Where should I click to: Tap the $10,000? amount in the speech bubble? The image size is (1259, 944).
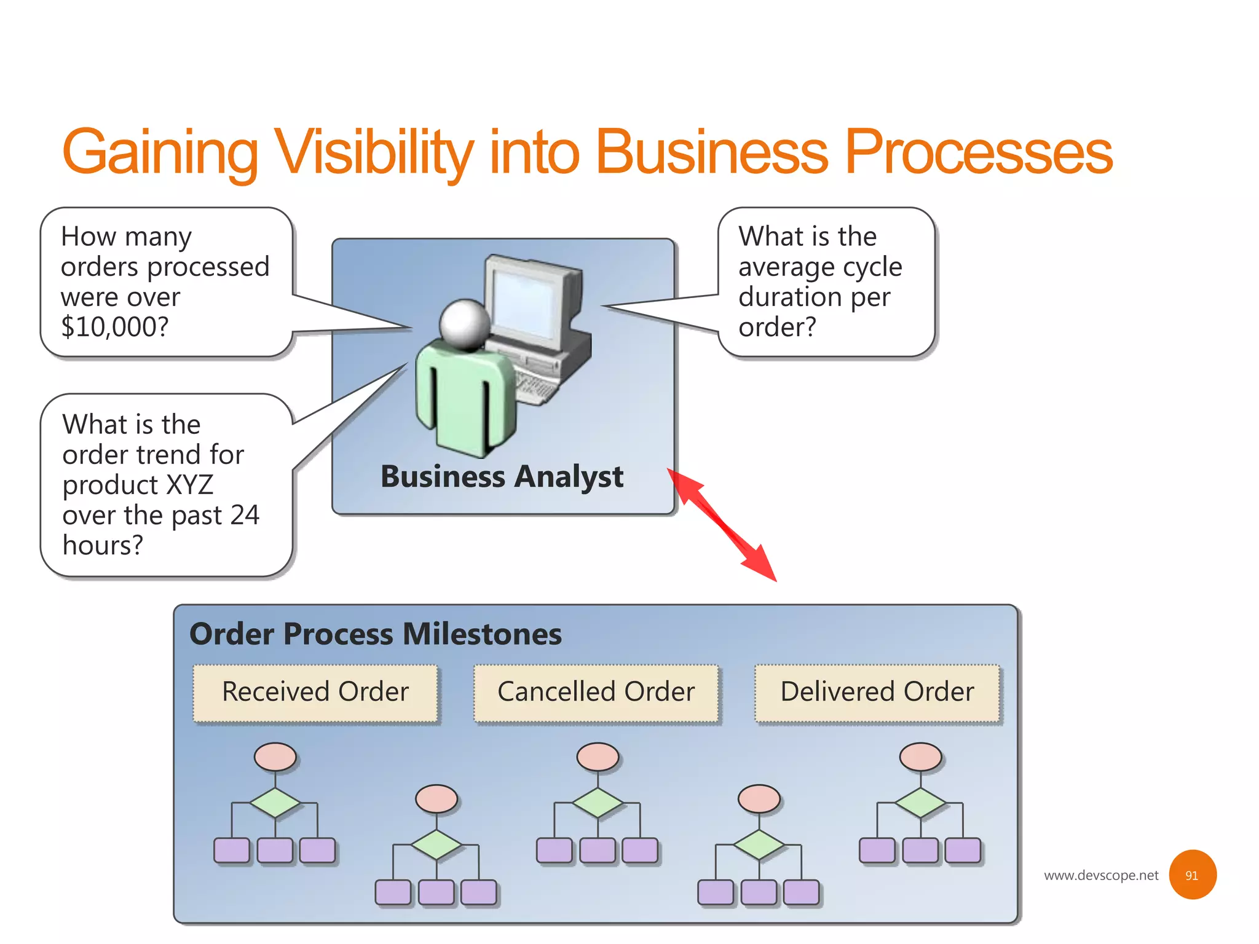click(114, 326)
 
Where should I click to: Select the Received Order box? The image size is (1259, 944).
click(315, 692)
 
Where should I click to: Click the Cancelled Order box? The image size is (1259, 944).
click(596, 692)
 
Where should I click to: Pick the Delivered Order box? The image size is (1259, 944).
click(877, 692)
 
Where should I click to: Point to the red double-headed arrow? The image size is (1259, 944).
click(722, 525)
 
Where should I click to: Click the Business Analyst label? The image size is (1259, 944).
click(502, 477)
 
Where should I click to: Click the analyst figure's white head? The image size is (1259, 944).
click(465, 323)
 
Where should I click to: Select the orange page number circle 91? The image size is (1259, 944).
click(1192, 875)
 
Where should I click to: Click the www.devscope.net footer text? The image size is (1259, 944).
click(1100, 875)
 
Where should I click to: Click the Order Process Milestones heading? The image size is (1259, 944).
click(376, 634)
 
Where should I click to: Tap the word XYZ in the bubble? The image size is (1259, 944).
click(189, 485)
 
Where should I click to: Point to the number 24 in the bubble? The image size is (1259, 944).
click(245, 515)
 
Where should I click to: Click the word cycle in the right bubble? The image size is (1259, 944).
click(872, 267)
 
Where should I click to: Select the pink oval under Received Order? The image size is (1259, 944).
click(275, 757)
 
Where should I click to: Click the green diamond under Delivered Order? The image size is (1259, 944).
click(920, 803)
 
